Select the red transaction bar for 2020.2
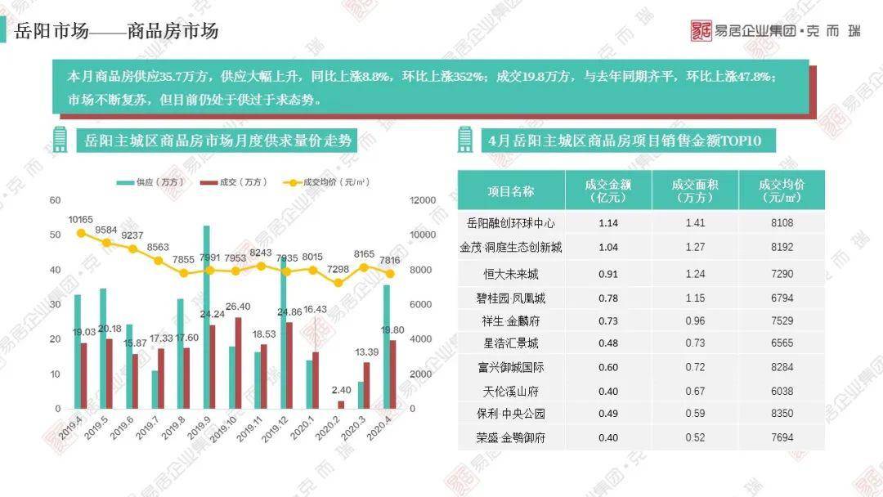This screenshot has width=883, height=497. (341, 404)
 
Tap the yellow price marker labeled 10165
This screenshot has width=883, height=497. (80, 233)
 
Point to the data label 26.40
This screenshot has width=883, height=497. (237, 307)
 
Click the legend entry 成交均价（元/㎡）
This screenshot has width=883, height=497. (318, 182)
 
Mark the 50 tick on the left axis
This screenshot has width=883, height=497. (55, 235)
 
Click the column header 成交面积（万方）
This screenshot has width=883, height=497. (695, 190)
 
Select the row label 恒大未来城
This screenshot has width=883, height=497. (511, 274)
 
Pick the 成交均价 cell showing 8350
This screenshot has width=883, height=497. (782, 414)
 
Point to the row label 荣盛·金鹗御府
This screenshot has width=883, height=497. (511, 438)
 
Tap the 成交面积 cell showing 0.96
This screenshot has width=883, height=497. (695, 320)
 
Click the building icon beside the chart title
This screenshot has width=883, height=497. (59, 140)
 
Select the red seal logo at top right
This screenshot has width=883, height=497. (701, 30)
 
